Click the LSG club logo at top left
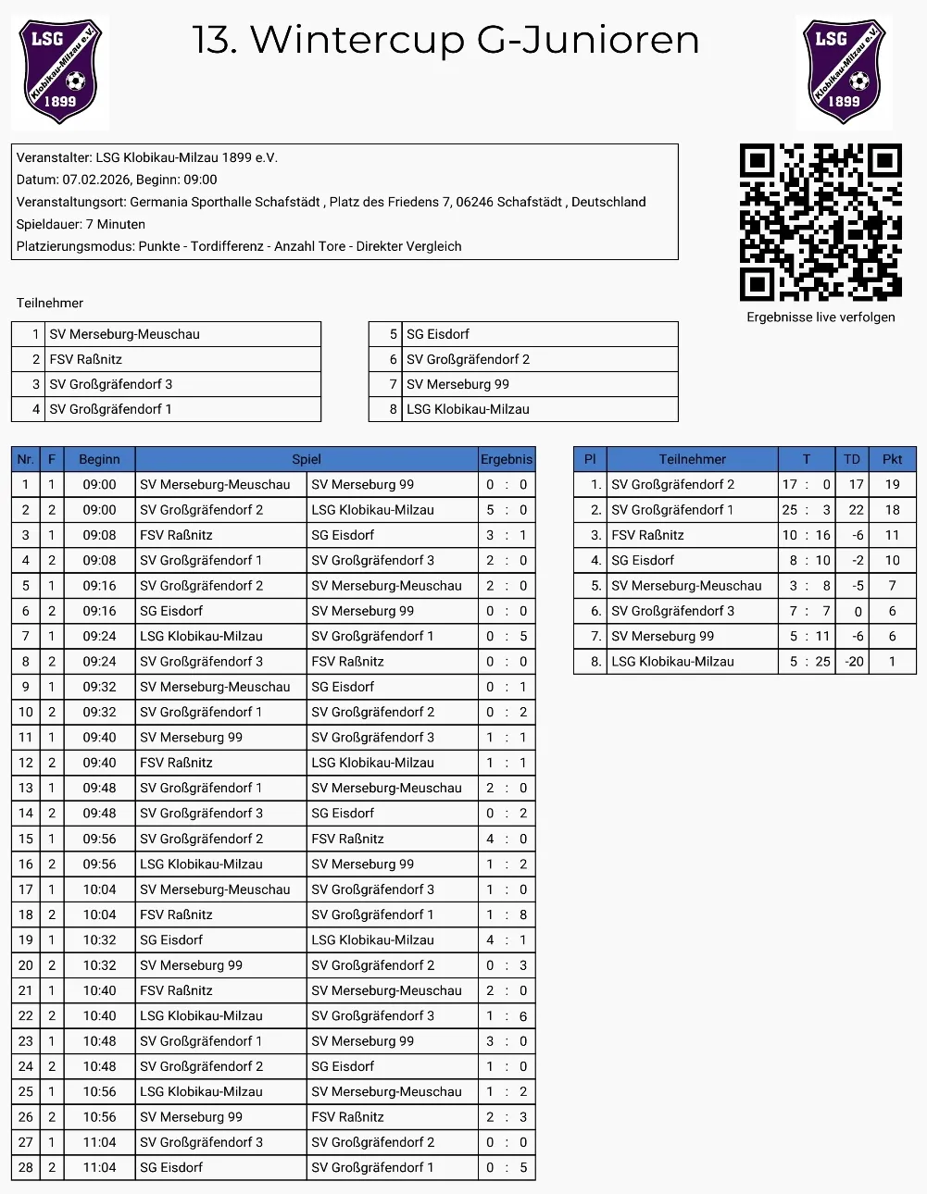tap(60, 72)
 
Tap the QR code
tap(821, 222)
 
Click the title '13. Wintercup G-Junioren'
tap(445, 40)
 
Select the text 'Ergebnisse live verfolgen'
tap(821, 317)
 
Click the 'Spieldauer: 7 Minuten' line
tap(81, 224)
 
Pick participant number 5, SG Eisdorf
tap(438, 334)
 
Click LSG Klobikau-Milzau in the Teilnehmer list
tap(468, 409)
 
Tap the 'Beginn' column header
tap(99, 459)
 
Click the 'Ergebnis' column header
tap(507, 459)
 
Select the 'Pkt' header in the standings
tap(892, 459)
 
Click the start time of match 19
tap(99, 940)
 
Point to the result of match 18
tap(507, 914)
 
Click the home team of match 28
tap(171, 1168)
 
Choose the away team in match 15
tap(347, 839)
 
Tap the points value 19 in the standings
tap(892, 484)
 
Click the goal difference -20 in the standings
tap(853, 662)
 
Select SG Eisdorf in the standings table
tap(643, 560)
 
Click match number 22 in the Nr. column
tap(26, 1016)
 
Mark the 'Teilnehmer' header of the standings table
tap(692, 459)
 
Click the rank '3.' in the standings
tap(595, 535)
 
